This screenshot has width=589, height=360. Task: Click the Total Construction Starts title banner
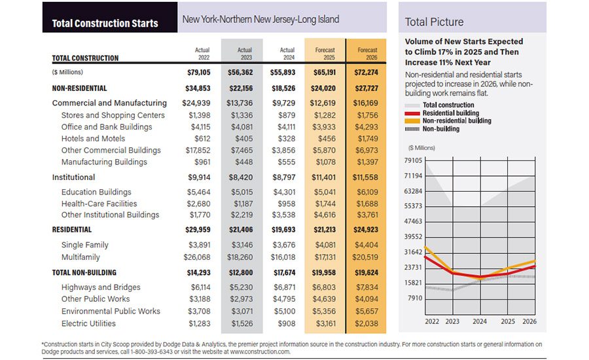click(x=105, y=23)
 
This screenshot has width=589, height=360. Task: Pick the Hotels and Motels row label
click(x=94, y=139)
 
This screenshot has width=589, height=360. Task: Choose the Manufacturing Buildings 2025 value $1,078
click(x=325, y=162)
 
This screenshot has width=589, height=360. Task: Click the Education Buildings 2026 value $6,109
click(x=366, y=192)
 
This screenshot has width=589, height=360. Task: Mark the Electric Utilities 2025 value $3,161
click(x=325, y=323)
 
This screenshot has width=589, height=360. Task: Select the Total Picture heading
click(x=434, y=22)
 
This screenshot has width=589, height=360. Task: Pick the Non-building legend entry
click(x=440, y=129)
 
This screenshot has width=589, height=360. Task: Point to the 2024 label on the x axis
click(x=480, y=321)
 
